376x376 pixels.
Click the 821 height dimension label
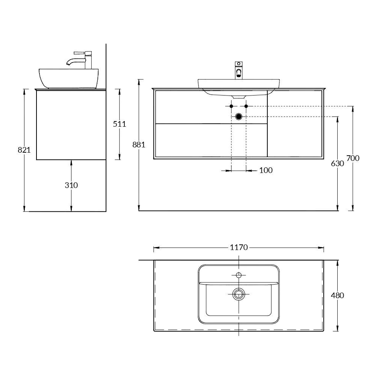pyautogui.click(x=24, y=150)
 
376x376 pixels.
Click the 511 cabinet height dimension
pyautogui.click(x=120, y=124)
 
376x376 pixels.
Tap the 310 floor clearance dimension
pyautogui.click(x=71, y=185)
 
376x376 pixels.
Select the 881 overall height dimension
pyautogui.click(x=139, y=145)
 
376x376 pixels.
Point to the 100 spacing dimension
pyautogui.click(x=266, y=170)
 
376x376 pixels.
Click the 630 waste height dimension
pyautogui.click(x=337, y=164)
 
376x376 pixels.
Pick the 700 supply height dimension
pyautogui.click(x=353, y=158)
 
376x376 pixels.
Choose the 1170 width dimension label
pyautogui.click(x=239, y=247)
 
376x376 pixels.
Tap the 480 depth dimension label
pyautogui.click(x=337, y=296)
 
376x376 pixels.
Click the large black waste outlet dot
pyautogui.click(x=239, y=117)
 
